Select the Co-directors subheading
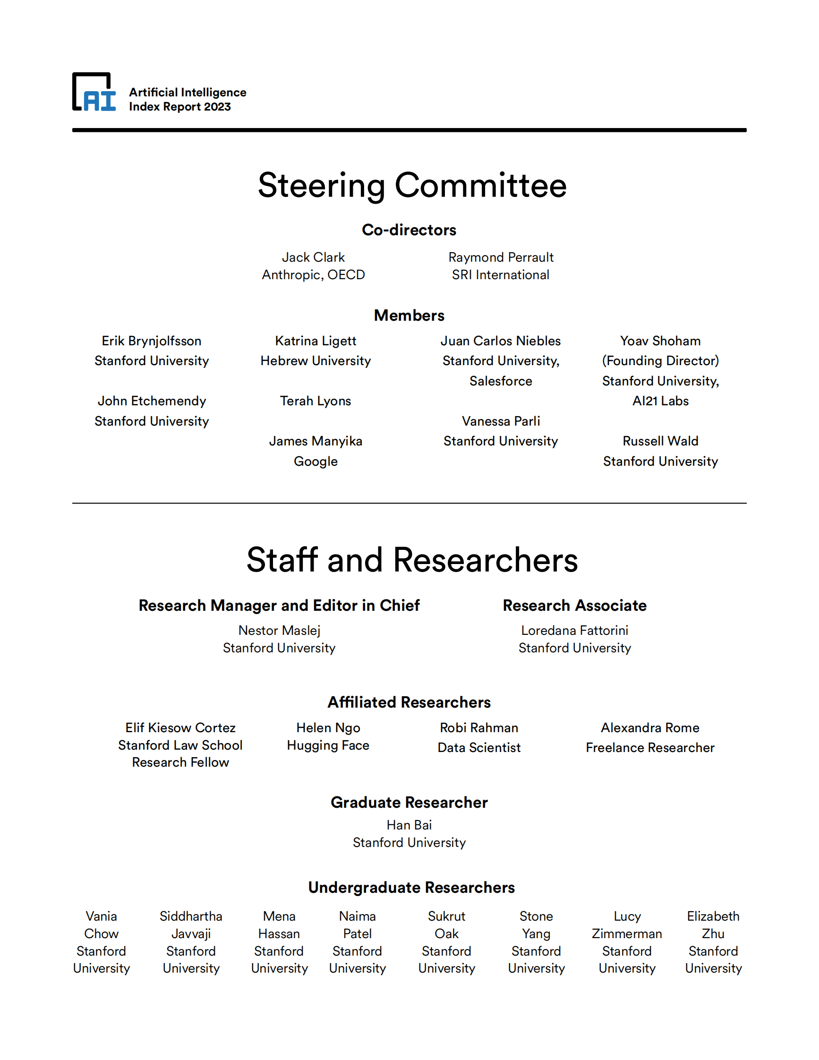409,230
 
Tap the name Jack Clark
313,257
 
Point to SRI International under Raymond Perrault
500,275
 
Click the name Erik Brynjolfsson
152,341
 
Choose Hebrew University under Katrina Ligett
316,360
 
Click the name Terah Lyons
316,401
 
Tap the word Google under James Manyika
316,461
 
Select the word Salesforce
500,381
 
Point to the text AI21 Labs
660,401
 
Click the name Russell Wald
660,441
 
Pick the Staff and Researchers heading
412,560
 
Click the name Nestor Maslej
279,631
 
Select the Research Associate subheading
574,606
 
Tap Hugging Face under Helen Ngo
328,745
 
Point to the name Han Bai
409,825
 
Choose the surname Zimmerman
626,934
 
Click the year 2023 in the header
217,107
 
